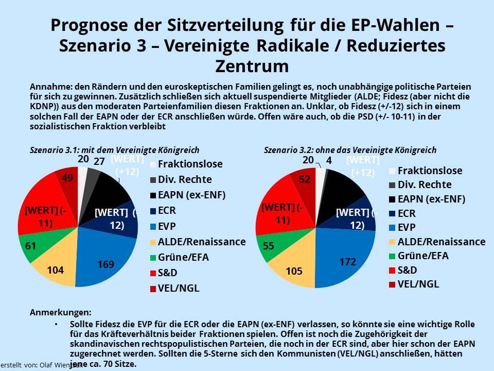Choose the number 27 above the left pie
99,161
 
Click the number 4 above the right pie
329,161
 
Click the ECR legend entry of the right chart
407,213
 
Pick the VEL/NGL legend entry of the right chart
418,283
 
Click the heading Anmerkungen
61,313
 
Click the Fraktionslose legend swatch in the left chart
153,165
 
